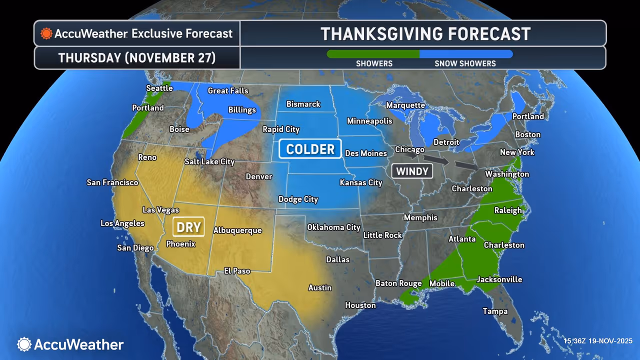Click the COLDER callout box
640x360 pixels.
[x=310, y=149]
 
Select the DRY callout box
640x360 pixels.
[x=188, y=227]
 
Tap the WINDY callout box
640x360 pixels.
[x=412, y=171]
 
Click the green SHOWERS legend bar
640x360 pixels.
[x=373, y=54]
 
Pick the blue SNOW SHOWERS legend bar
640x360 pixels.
[x=465, y=54]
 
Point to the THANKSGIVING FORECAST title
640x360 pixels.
[x=425, y=34]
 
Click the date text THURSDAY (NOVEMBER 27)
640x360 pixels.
[x=137, y=58]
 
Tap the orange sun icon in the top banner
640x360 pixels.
[x=46, y=33]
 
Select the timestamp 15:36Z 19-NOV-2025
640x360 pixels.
[x=597, y=341]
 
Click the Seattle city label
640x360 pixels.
[x=159, y=88]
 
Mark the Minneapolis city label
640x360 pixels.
[x=369, y=121]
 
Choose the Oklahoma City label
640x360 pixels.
[x=333, y=227]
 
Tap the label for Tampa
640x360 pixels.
[x=495, y=311]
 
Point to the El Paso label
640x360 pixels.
[x=237, y=270]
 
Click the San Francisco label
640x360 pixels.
[x=112, y=182]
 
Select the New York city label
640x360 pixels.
[x=517, y=152]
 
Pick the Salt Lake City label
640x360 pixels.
[x=209, y=161]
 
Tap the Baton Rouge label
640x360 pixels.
[x=398, y=283]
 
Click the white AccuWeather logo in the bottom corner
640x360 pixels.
[x=70, y=344]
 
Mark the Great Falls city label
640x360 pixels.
[x=228, y=90]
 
